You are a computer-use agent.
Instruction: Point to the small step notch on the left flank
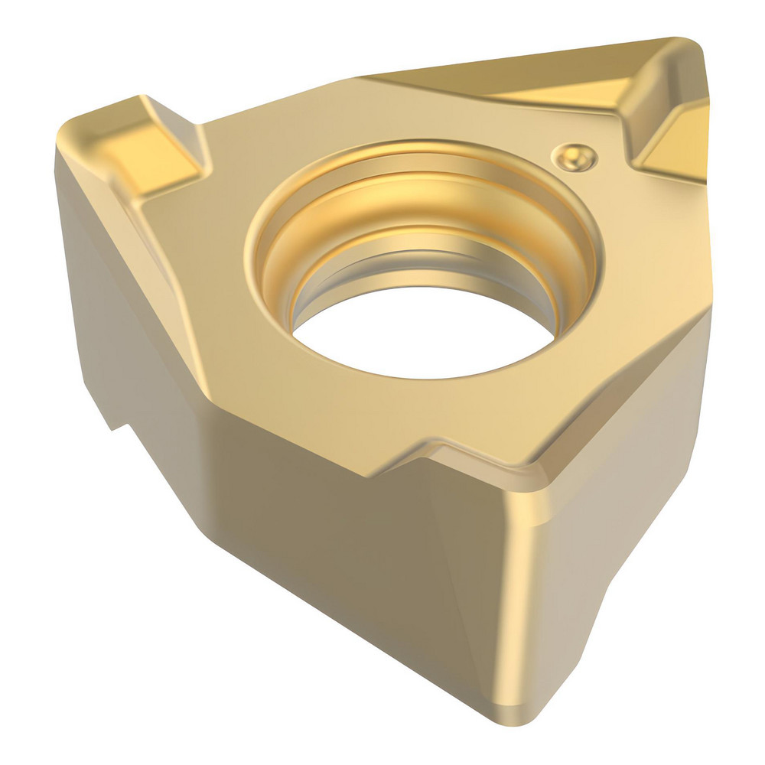tap(115, 421)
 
